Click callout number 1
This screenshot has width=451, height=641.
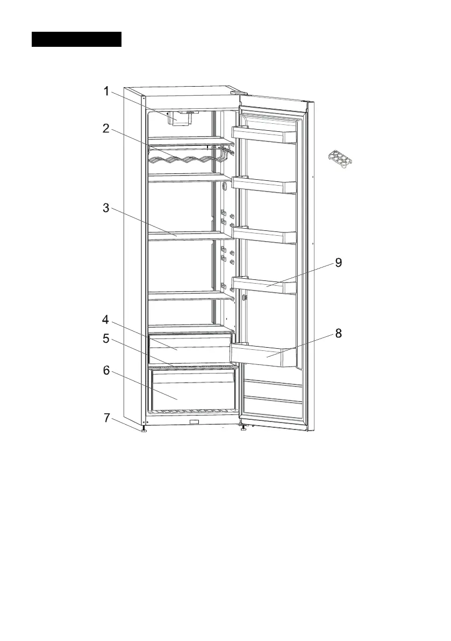coord(107,91)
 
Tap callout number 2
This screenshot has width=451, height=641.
coord(106,128)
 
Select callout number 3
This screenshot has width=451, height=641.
coord(106,209)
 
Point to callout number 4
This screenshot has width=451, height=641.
coord(106,320)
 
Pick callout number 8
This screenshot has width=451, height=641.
coord(338,333)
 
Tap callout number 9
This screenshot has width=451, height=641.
coord(338,263)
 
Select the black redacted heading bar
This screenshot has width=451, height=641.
coord(76,39)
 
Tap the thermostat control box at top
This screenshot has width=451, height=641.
coord(180,118)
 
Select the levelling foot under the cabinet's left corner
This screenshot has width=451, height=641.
coord(144,431)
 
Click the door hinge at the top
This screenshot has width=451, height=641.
coord(234,93)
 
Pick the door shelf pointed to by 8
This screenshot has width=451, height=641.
coord(263,355)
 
